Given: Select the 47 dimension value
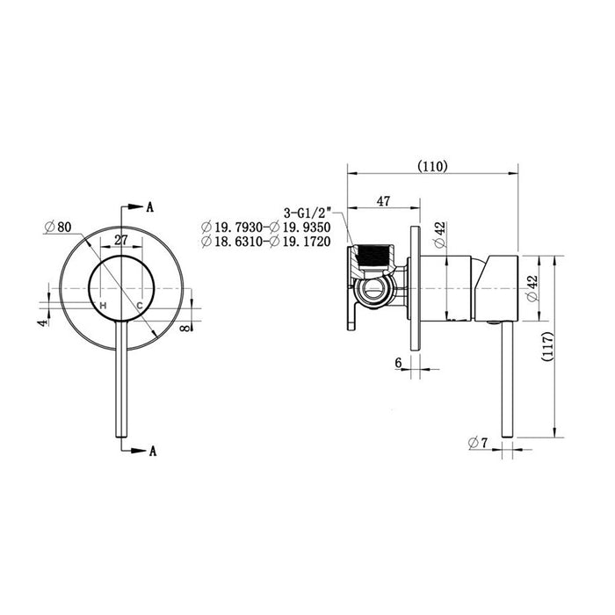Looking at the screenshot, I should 383,200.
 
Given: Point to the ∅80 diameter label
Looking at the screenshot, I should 57,227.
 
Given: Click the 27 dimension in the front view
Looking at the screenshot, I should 121,239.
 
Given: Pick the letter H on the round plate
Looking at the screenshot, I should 103,305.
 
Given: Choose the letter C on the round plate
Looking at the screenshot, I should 139,305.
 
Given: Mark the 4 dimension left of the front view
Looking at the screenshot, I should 41,322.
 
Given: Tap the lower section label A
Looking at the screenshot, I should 152,452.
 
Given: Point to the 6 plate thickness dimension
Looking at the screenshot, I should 398,362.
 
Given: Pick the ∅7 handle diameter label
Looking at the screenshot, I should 478,443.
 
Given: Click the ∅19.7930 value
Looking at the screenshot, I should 233,226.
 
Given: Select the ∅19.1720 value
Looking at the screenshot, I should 300,240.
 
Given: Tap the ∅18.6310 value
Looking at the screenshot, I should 233,240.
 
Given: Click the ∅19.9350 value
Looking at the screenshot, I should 300,226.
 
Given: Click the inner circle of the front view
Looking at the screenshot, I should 121,288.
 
